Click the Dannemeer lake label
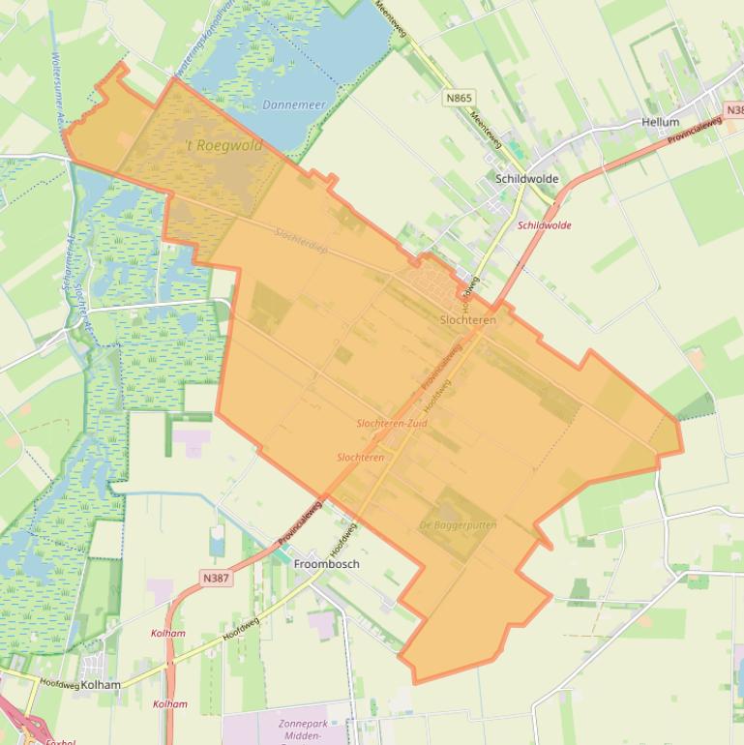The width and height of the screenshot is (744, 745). tap(295, 104)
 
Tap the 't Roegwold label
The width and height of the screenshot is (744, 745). tap(223, 146)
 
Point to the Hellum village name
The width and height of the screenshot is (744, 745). tap(661, 123)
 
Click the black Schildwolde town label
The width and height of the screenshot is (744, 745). tap(526, 179)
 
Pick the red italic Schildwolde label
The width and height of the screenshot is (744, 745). tap(545, 225)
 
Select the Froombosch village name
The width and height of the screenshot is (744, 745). tap(326, 564)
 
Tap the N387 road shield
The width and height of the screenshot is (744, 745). tap(217, 579)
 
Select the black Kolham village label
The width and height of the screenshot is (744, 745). tap(102, 685)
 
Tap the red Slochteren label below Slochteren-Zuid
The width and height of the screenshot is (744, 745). tap(360, 458)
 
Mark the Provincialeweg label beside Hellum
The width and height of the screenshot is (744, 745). tap(699, 130)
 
